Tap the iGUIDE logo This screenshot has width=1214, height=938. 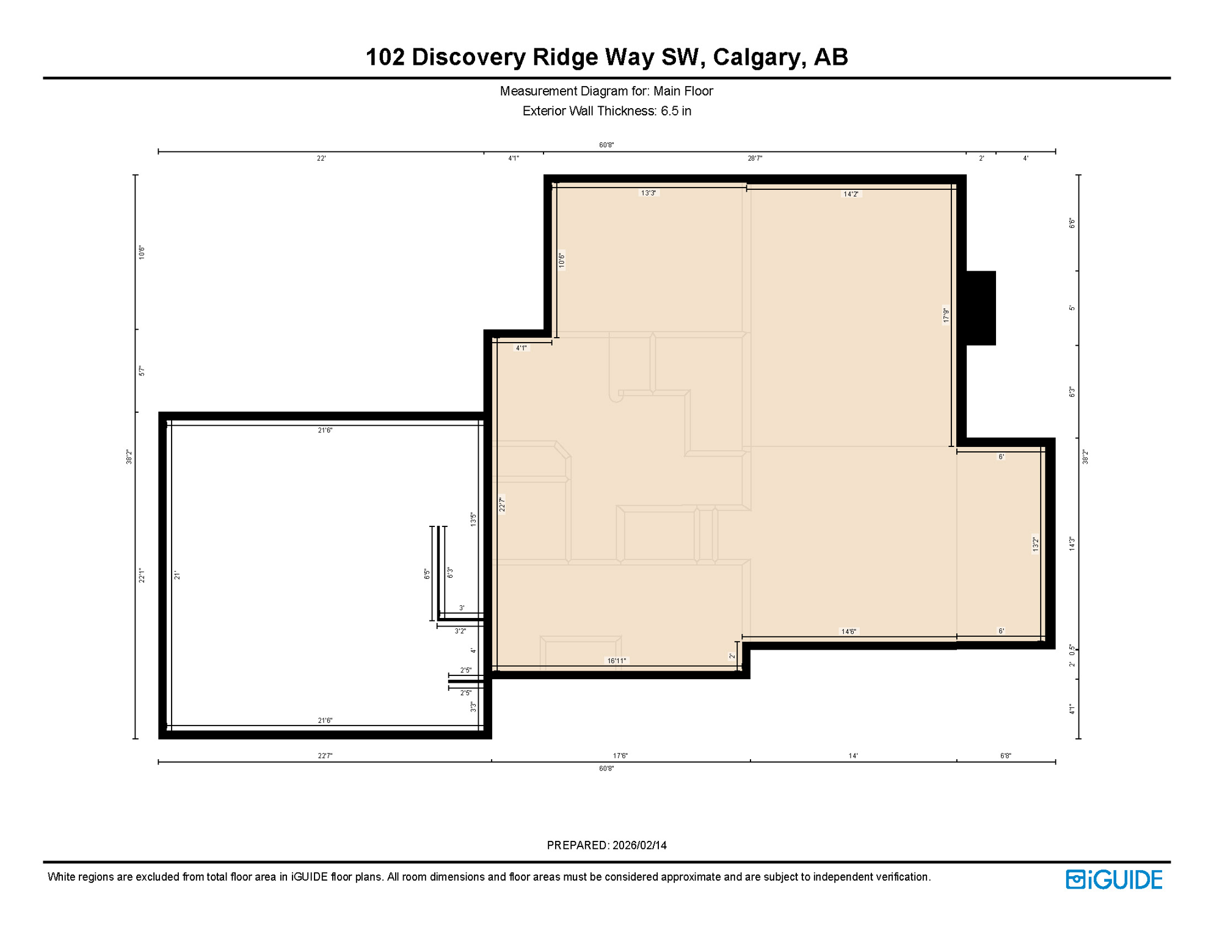[1114, 879]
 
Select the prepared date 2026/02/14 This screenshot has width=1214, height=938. [639, 845]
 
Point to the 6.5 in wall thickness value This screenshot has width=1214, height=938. [676, 111]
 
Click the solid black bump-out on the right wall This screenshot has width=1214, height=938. [981, 308]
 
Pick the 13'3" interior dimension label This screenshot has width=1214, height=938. [648, 193]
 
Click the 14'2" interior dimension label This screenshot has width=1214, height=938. [851, 194]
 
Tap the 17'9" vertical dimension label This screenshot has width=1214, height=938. [946, 315]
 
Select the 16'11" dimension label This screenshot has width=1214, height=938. [616, 661]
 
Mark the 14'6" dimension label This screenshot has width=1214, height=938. [848, 631]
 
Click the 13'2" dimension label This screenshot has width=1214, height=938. [1035, 544]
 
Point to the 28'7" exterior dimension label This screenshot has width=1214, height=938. [755, 159]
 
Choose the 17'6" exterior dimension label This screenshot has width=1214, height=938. [620, 756]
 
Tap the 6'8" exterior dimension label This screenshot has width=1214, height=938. [1005, 756]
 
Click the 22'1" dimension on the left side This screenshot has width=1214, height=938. [142, 575]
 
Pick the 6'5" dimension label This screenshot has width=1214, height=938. [427, 574]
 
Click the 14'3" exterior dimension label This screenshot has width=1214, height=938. [1072, 544]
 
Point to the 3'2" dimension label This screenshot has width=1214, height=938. [460, 631]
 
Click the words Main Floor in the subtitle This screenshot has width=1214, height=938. [683, 92]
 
